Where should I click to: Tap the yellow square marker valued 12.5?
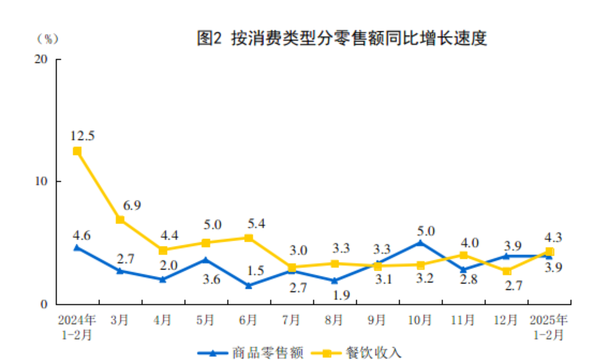pyautogui.click(x=77, y=151)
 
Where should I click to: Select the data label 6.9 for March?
pyautogui.click(x=132, y=206)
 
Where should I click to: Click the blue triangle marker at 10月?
pyautogui.click(x=420, y=243)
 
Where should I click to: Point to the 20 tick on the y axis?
pyautogui.click(x=41, y=59)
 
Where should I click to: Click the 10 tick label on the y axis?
pyautogui.click(x=41, y=181)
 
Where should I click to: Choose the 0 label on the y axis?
pyautogui.click(x=44, y=304)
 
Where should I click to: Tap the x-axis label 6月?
pyautogui.click(x=248, y=320)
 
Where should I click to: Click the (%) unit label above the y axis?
pyautogui.click(x=48, y=39)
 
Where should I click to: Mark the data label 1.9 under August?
pyautogui.click(x=341, y=295)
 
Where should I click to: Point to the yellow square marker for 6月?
pyautogui.click(x=249, y=238)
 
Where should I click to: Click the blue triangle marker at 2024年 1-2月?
pyautogui.click(x=77, y=247)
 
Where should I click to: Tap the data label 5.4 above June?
pyautogui.click(x=256, y=224)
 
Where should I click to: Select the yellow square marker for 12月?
pyautogui.click(x=506, y=271)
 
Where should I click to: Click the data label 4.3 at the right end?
pyautogui.click(x=553, y=237)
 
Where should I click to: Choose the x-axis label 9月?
pyautogui.click(x=377, y=320)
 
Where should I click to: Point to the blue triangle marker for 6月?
pyautogui.click(x=249, y=285)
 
